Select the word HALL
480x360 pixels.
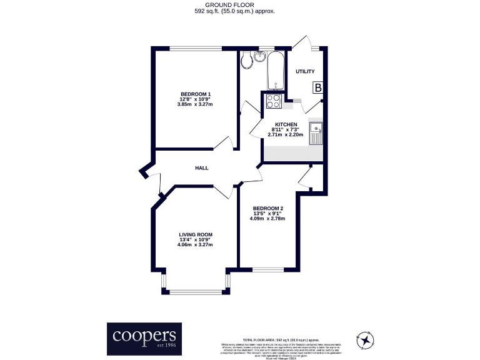(x=202, y=168)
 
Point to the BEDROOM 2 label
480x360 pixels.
(x=268, y=208)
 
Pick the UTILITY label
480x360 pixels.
(x=305, y=72)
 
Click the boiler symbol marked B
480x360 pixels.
(x=317, y=88)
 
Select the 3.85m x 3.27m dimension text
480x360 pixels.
(x=196, y=104)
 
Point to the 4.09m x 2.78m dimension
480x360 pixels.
(x=268, y=219)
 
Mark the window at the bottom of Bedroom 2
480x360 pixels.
(x=268, y=269)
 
